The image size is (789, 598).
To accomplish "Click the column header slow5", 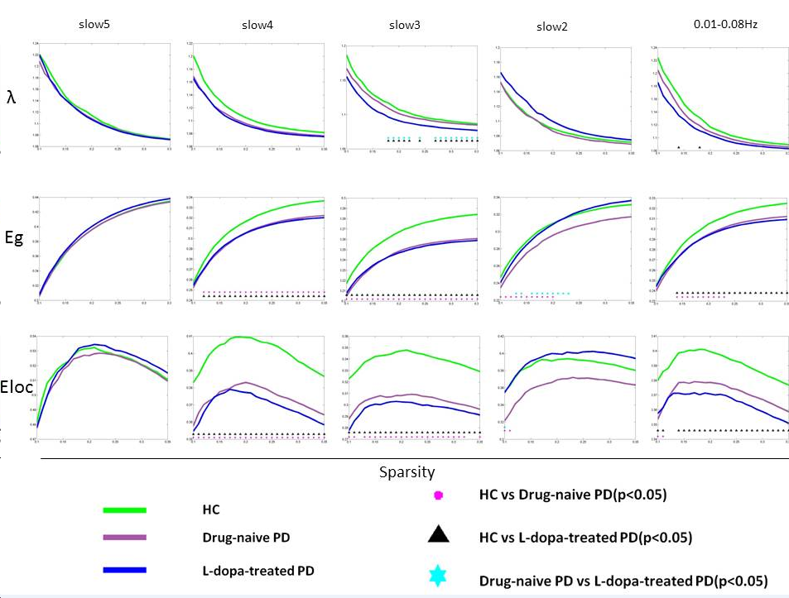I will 95,24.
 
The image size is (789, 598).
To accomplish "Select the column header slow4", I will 257,25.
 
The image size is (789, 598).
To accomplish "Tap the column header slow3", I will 405,25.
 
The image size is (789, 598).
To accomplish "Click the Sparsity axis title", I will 407,472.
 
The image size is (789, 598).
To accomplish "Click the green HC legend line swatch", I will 124,510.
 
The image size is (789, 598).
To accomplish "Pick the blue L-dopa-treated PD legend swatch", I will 124,570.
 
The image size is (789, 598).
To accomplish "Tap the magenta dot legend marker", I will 439,495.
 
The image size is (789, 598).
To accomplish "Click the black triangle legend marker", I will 439,535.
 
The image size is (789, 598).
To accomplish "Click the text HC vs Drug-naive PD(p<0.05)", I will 573,495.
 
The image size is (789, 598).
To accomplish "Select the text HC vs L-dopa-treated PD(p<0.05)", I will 585,538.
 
